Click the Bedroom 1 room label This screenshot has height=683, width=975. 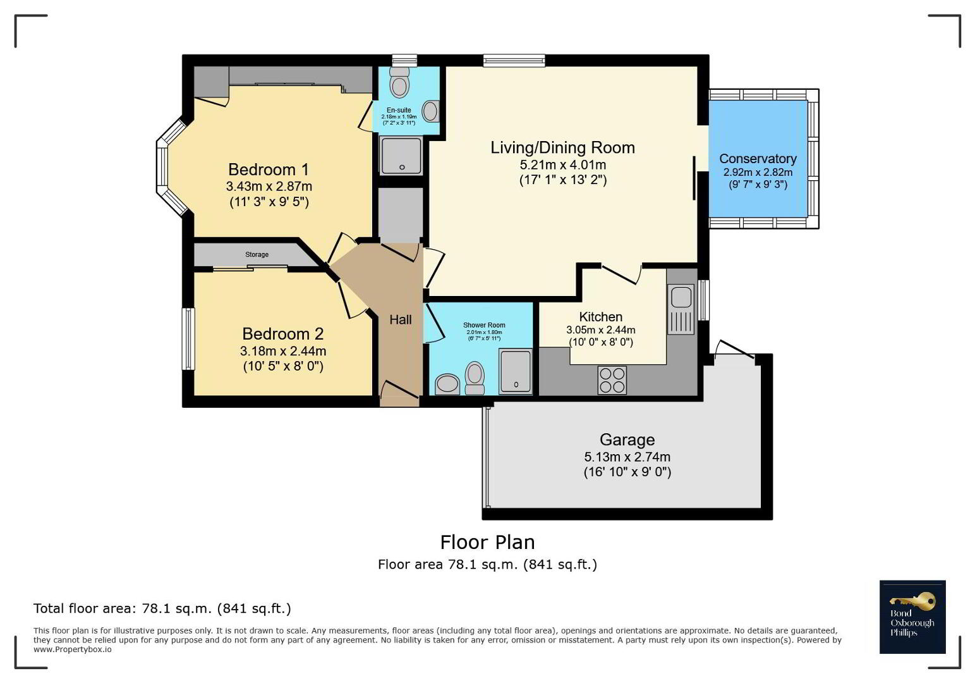(269, 169)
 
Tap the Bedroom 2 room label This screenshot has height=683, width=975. (283, 334)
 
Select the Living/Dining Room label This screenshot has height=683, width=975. (562, 147)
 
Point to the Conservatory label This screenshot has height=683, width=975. (758, 159)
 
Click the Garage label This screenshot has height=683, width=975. (627, 440)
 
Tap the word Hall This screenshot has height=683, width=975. (401, 320)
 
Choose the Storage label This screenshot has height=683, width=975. (257, 254)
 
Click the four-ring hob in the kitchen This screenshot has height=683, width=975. (612, 380)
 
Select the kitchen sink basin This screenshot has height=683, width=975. (681, 297)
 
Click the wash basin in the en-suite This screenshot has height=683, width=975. (430, 111)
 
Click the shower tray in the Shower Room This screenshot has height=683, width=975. (516, 372)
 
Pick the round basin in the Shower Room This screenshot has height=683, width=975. (447, 385)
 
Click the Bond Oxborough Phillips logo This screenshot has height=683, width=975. (912, 617)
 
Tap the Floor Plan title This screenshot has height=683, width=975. (488, 543)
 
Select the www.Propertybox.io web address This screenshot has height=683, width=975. (73, 649)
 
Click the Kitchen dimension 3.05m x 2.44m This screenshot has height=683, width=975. (601, 329)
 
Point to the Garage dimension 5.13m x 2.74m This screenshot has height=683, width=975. (627, 457)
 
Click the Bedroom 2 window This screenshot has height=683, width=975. (188, 339)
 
